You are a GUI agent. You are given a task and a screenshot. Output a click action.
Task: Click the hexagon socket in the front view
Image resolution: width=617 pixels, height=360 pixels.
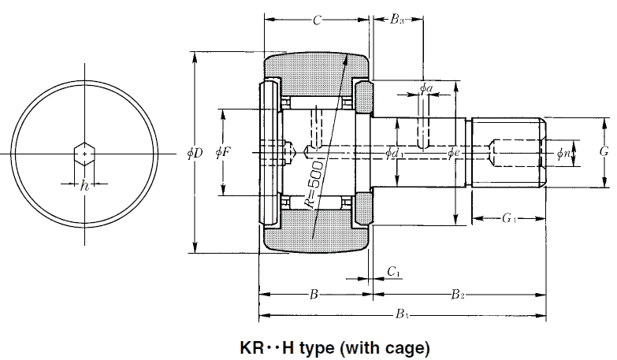point(84,151)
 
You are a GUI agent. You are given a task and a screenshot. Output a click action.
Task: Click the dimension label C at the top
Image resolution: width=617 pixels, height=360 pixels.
point(316,21)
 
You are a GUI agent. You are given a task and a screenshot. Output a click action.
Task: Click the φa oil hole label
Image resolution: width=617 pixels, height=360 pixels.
point(426,87)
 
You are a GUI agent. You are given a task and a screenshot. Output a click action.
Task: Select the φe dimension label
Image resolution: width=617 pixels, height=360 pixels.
point(453,152)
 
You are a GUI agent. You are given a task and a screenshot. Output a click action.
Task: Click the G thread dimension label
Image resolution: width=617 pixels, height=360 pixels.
point(604,152)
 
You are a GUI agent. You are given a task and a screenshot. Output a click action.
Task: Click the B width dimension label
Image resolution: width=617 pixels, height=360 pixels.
point(314,295)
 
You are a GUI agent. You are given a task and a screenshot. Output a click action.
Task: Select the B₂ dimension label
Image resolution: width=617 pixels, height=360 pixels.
point(457,295)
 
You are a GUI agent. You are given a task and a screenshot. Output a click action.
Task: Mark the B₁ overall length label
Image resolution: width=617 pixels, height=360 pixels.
point(402,315)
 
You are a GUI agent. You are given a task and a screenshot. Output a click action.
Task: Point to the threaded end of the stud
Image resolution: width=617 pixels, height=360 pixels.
point(508,152)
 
